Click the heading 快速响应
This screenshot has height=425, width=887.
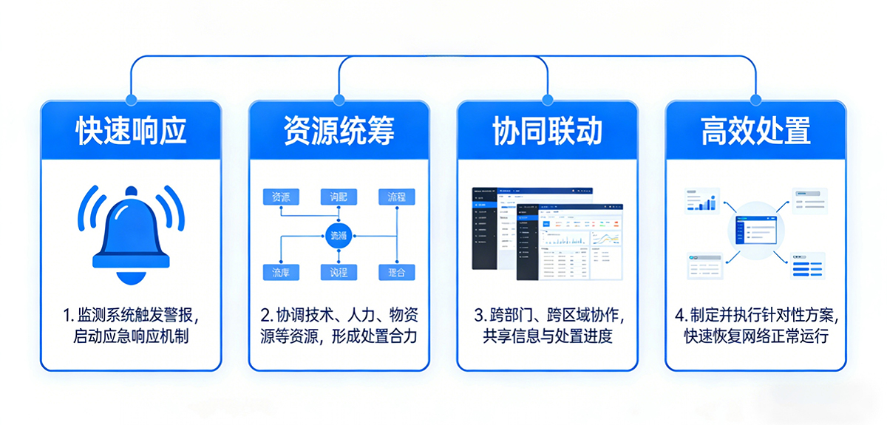pos(131,131)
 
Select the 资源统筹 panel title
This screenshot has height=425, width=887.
pos(339,131)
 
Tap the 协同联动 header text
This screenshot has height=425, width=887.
pos(547,131)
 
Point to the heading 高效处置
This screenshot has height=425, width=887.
pos(755,131)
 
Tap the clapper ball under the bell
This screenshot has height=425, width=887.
pos(131,276)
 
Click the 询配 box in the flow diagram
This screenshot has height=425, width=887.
pos(339,197)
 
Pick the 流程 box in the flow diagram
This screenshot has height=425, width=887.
pos(397,197)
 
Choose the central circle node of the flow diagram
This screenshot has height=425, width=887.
pos(339,236)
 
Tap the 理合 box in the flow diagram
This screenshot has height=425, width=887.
pos(397,273)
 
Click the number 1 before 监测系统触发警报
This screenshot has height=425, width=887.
pos(66,316)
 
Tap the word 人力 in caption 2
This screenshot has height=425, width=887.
pos(363,316)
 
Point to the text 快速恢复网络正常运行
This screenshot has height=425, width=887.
pos(755,336)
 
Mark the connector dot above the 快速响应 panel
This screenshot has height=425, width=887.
pos(131,99)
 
